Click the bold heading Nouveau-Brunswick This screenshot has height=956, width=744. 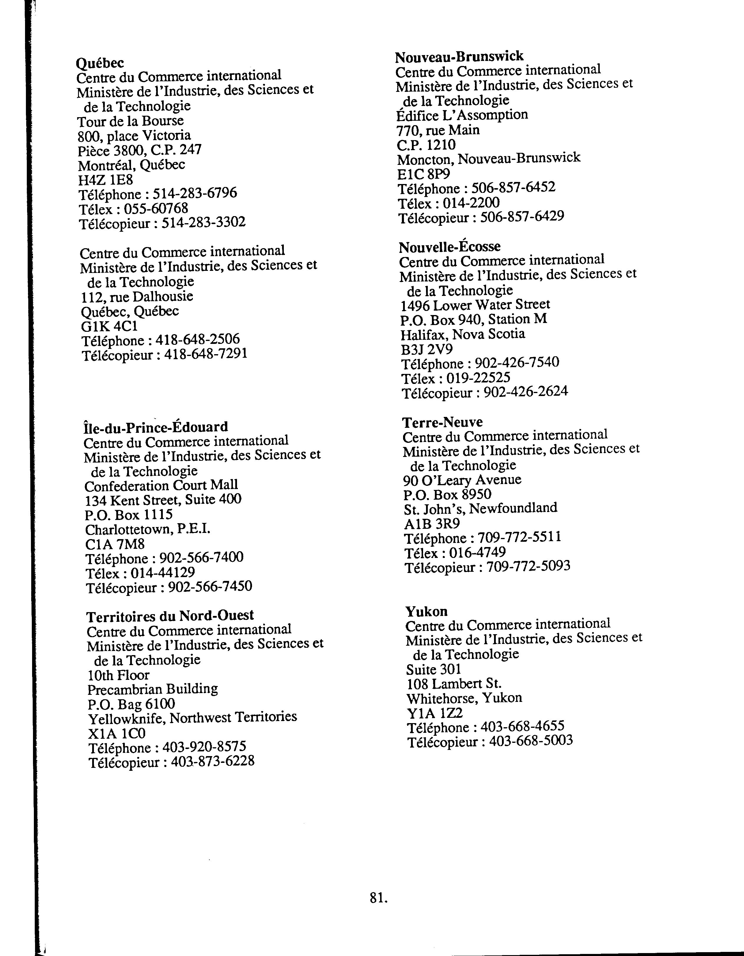459,57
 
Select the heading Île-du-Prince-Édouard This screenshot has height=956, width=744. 156,427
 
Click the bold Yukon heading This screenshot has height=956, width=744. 426,611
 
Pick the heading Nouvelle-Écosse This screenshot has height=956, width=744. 450,247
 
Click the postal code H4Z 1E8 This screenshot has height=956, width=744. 105,180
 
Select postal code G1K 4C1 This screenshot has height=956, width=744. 110,326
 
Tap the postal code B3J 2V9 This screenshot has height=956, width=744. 427,349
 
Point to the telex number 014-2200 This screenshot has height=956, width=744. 471,203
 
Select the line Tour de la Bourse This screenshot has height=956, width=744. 130,121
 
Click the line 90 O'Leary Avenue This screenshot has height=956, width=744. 462,480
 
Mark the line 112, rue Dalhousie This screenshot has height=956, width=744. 137,297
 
